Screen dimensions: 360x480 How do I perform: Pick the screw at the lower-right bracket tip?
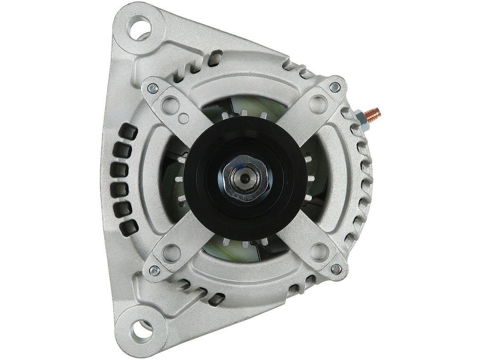[x=337, y=268]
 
